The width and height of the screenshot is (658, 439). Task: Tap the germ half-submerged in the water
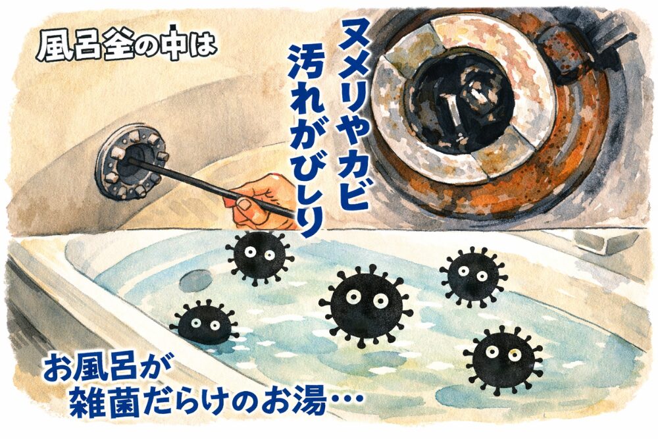coord(205,323)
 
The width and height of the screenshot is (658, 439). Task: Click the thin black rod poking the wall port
coord(210,187)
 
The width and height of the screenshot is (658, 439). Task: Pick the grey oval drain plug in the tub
coord(196,280)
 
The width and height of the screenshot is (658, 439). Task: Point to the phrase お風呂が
coord(103,370)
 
